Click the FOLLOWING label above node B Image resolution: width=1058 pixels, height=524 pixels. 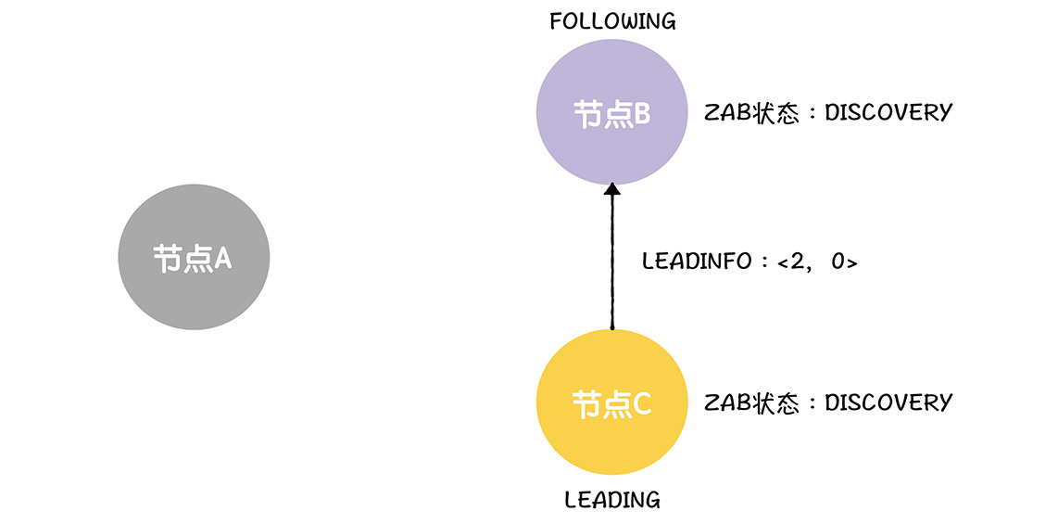click(x=612, y=21)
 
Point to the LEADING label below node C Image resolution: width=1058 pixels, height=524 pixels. click(x=612, y=501)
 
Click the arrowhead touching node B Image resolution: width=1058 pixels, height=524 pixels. click(x=611, y=189)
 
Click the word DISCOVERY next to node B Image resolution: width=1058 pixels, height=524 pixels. click(x=888, y=113)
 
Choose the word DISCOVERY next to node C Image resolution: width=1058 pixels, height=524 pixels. click(x=888, y=403)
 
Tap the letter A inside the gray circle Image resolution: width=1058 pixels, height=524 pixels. click(x=222, y=259)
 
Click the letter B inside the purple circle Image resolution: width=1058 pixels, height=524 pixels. click(x=642, y=114)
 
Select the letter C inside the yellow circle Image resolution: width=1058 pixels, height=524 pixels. click(x=642, y=404)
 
